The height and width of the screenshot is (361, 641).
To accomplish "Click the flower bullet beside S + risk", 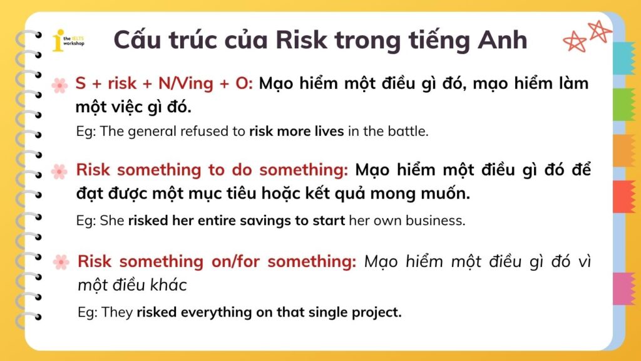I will click(x=59, y=85).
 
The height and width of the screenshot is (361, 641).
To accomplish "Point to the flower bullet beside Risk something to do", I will click(x=59, y=170).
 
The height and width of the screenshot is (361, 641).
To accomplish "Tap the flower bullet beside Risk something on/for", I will click(x=61, y=262).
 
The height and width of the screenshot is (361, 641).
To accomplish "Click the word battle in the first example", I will click(x=410, y=132).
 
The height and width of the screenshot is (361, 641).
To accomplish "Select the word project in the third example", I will click(x=376, y=312).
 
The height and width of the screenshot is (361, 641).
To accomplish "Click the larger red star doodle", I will click(x=598, y=30).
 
